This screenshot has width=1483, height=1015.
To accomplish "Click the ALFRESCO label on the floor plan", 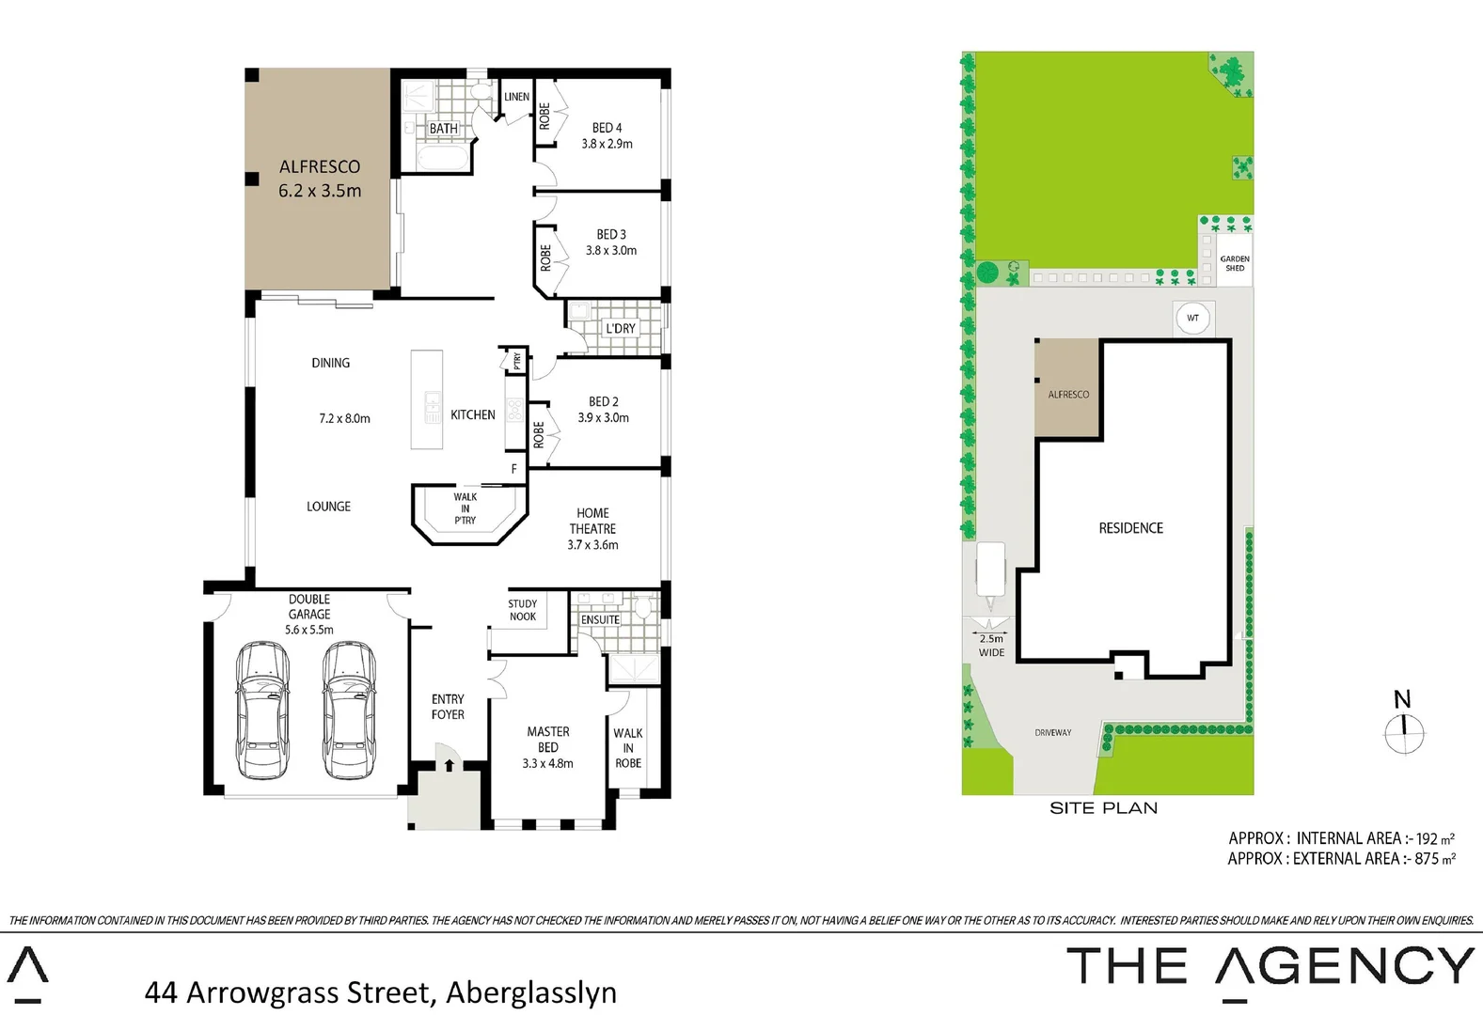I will click(x=320, y=178).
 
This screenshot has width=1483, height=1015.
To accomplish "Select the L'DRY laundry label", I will click(x=620, y=328).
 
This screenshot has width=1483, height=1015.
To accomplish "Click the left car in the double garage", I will click(x=261, y=710).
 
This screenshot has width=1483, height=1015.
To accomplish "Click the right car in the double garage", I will click(x=348, y=710).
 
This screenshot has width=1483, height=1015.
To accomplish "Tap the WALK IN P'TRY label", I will click(x=465, y=508).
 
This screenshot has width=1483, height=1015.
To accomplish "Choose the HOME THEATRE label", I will click(x=592, y=528).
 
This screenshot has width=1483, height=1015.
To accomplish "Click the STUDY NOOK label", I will click(x=523, y=610).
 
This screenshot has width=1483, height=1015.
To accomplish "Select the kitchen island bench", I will click(x=426, y=400).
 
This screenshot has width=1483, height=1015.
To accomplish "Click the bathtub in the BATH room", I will click(x=440, y=159).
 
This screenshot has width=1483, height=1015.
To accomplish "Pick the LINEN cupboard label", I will click(x=516, y=97).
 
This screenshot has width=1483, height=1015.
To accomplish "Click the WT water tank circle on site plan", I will click(x=1192, y=318).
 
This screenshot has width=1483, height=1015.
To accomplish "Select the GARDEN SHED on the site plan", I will click(x=1234, y=263).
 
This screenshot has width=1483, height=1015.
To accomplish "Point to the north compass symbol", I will click(x=1404, y=733).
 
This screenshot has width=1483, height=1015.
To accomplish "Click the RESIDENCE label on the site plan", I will click(x=1130, y=528).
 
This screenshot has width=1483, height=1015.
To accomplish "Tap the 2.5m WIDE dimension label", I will click(x=991, y=646).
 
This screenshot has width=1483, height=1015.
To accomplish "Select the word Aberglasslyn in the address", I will click(x=531, y=992).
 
